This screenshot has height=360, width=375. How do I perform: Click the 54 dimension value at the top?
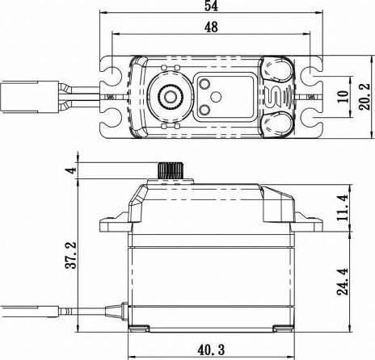[211, 6]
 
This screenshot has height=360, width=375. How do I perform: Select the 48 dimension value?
[211, 27]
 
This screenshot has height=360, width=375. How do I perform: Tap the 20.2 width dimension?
[365, 97]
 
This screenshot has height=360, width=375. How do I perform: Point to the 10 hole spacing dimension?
[343, 97]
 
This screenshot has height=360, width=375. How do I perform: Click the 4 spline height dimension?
[72, 170]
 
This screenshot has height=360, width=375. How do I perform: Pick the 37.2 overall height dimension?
[71, 255]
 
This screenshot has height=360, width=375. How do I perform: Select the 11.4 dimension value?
[343, 207]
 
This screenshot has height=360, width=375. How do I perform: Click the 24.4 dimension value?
[343, 282]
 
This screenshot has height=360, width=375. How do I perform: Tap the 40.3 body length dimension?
[211, 350]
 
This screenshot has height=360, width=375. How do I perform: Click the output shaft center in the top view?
[171, 97]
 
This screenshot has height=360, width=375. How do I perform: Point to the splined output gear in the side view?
[171, 170]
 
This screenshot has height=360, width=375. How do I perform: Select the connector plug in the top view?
[30, 97]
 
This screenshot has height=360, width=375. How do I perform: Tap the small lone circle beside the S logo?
[216, 97]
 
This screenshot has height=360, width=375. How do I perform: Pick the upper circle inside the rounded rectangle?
[204, 84]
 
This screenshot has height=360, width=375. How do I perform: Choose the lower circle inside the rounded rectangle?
[204, 110]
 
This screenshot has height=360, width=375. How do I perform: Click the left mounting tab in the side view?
[116, 224]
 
